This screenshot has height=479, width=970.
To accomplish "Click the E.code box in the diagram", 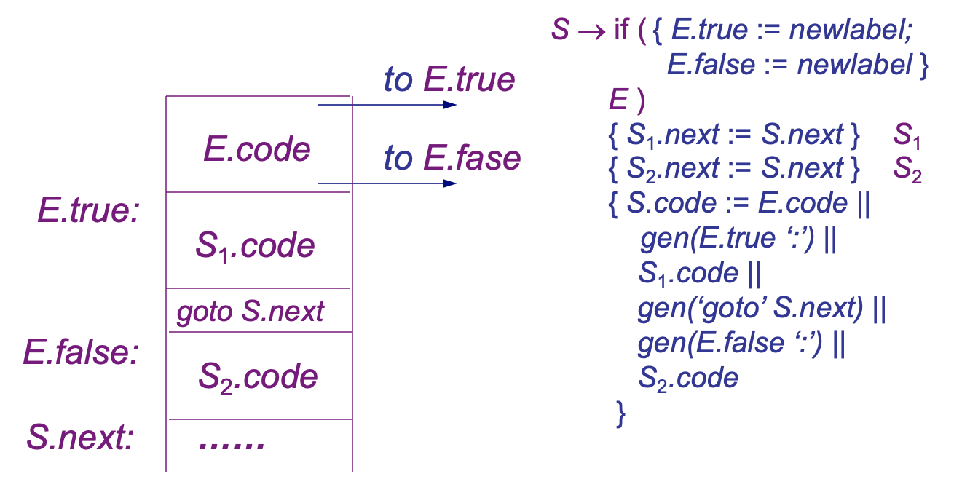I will tap(257, 150).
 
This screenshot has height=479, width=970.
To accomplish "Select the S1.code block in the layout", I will tap(255, 246).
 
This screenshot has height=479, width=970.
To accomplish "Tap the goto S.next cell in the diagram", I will tap(250, 312).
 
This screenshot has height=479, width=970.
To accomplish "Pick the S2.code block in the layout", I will tap(258, 376).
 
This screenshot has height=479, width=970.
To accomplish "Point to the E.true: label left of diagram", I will tap(88, 211).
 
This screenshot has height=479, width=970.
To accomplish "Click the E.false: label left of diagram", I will tap(81, 352).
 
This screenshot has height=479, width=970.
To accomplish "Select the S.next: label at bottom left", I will tap(80, 438).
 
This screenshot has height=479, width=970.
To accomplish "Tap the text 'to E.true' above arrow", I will tap(449, 80).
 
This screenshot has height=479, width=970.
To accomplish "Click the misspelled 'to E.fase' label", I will tap(452, 158).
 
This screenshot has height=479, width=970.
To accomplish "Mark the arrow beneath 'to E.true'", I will tap(387, 105).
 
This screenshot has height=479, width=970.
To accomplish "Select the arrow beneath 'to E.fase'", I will tap(387, 183).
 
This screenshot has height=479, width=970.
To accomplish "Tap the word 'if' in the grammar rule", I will tap(621, 31).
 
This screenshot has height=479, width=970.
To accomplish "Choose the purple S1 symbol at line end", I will tap(907, 135).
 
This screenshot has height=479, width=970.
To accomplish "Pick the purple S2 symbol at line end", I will tap(907, 169).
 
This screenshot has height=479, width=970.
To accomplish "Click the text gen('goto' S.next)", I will tap(750, 309).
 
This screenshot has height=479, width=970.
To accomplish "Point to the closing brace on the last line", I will tap(620, 413).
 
